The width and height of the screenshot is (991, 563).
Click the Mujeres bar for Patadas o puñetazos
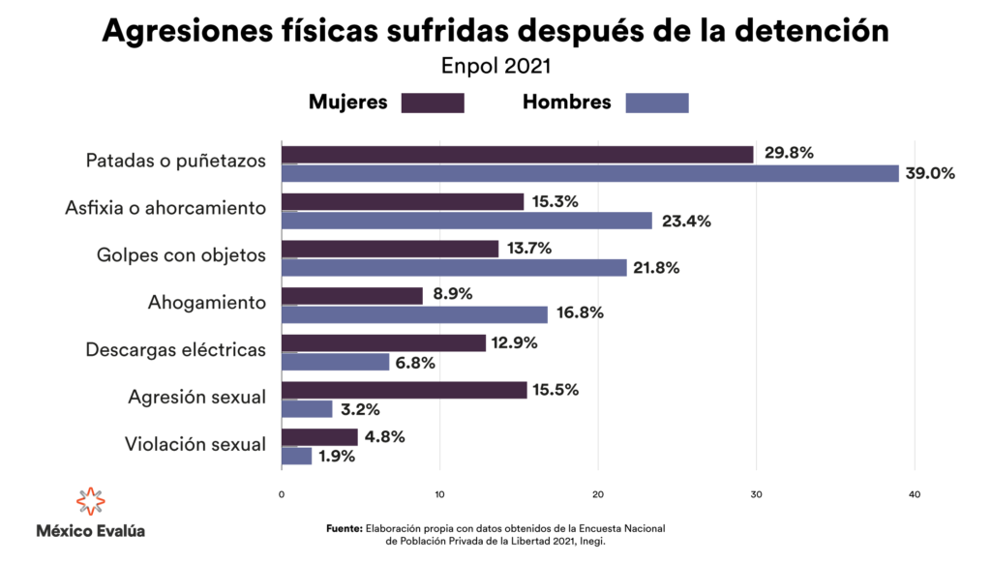[x=517, y=155]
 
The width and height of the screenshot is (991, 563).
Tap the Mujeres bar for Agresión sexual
[x=404, y=390]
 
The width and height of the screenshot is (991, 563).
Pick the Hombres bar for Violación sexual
[x=296, y=456]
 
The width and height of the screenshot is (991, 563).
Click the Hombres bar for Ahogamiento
[x=414, y=314]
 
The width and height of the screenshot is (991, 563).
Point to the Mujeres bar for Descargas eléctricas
[x=383, y=342]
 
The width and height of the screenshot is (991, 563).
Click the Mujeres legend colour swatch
[x=433, y=103]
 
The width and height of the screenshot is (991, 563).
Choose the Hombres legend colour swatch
[x=657, y=103]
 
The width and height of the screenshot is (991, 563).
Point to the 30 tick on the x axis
[x=756, y=495]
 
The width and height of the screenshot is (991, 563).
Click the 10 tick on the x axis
[x=439, y=495]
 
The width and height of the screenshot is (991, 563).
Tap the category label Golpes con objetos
[x=181, y=255]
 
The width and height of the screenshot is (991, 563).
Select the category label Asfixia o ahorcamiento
[x=165, y=208]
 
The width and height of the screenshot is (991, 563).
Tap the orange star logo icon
[x=90, y=502]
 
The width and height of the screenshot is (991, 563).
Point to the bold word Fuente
[x=344, y=528]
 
